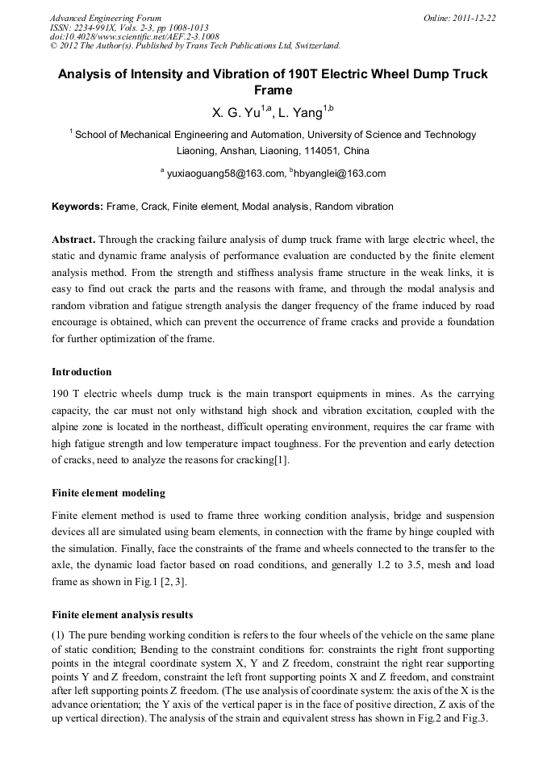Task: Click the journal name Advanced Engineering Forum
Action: (x=105, y=18)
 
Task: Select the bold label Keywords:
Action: (x=77, y=207)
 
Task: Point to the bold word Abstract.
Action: (x=73, y=240)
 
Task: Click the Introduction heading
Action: (x=81, y=372)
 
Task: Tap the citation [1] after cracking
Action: (x=280, y=460)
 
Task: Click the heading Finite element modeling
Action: (x=108, y=493)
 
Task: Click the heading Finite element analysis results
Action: (x=122, y=615)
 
